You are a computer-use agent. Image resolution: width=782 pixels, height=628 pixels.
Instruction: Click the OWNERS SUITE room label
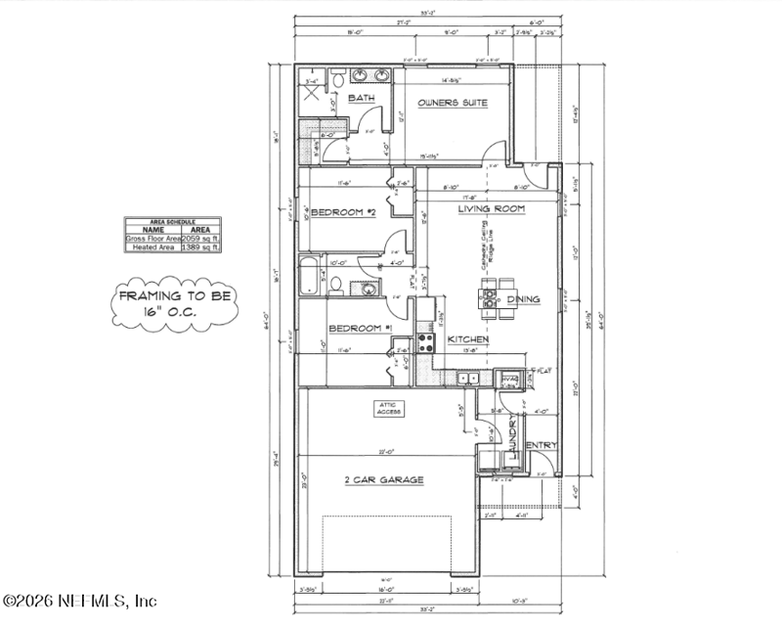click(x=453, y=103)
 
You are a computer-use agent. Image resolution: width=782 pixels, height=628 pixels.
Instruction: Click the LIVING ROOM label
click(x=492, y=209)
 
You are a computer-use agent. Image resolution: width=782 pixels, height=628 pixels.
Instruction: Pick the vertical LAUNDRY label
click(x=512, y=438)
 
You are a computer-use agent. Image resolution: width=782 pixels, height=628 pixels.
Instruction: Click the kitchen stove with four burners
click(x=427, y=342)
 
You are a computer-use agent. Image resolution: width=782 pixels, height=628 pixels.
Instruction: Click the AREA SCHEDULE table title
click(x=173, y=222)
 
